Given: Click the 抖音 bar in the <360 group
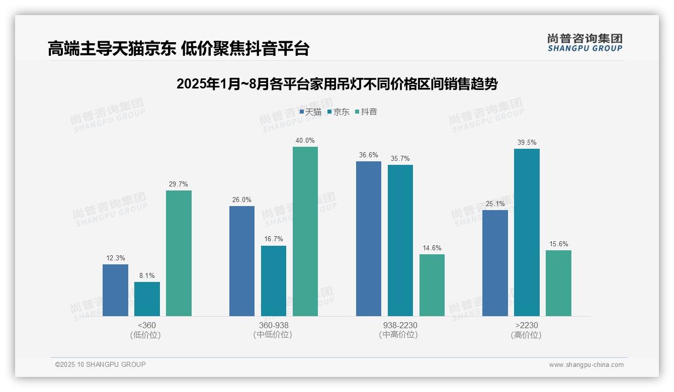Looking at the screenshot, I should pos(179,253).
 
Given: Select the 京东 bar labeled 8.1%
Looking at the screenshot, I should pos(147,299).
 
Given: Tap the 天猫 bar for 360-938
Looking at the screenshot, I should pos(242,261).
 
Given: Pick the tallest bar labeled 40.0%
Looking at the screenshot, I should pos(305,231).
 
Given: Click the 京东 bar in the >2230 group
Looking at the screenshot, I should pos(527,232).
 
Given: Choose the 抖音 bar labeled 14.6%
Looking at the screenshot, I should pos(432,285).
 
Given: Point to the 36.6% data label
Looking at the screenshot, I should pos(369,155).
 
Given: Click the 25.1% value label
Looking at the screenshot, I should pos(495,204).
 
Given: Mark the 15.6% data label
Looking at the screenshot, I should pos(558,244).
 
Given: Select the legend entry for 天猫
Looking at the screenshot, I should pos(310,112).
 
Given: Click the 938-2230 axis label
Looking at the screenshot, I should pos(400,325).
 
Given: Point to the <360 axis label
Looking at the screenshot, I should pos(147,325).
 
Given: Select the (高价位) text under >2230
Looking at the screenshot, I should pos(526,335).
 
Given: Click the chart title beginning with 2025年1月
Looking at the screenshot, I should pos(336,84).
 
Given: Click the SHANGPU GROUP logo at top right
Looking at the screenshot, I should pos(584,43).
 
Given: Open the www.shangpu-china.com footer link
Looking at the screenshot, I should pos(586,365).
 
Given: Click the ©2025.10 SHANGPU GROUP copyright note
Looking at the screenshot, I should pos(101,364).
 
